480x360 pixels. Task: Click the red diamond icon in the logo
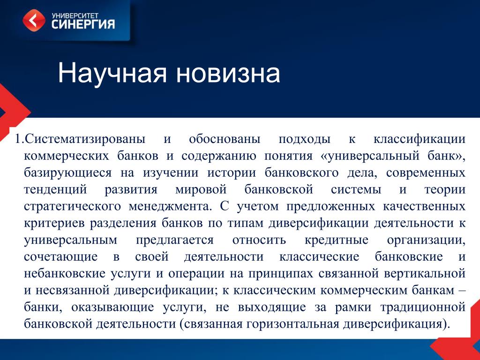click(x=34, y=20)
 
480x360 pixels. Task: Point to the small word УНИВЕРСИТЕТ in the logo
click(x=75, y=15)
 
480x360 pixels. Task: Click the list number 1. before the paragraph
click(x=19, y=139)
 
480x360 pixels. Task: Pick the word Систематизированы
click(x=85, y=139)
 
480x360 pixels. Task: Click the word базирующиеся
click(x=68, y=173)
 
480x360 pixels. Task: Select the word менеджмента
click(x=170, y=207)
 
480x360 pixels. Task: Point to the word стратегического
click(x=73, y=207)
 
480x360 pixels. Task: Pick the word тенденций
click(x=55, y=190)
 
